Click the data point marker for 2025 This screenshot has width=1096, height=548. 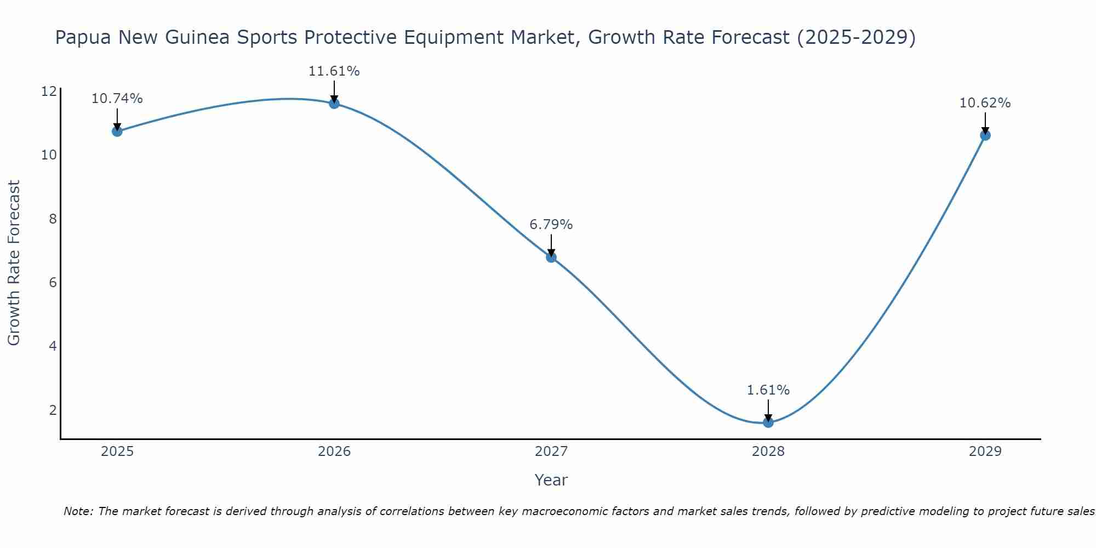117,132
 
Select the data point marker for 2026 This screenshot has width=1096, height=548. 334,104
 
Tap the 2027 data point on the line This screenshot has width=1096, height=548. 551,258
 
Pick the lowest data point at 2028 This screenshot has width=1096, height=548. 768,423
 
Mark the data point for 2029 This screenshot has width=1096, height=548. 985,135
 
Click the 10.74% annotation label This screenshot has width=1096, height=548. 117,99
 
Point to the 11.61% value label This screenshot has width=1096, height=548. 334,71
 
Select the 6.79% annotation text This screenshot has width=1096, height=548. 551,225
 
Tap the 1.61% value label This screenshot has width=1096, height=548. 768,390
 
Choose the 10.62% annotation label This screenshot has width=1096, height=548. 985,103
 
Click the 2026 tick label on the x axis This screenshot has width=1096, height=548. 334,452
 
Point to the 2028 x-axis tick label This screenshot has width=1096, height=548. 768,452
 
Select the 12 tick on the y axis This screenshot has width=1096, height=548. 49,91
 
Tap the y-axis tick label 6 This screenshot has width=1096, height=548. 53,283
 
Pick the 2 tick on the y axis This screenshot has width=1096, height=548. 53,410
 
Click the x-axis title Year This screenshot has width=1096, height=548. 551,480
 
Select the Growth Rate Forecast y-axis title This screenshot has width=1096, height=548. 14,262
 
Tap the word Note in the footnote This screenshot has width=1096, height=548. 78,511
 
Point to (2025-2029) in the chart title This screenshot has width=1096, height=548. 856,38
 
